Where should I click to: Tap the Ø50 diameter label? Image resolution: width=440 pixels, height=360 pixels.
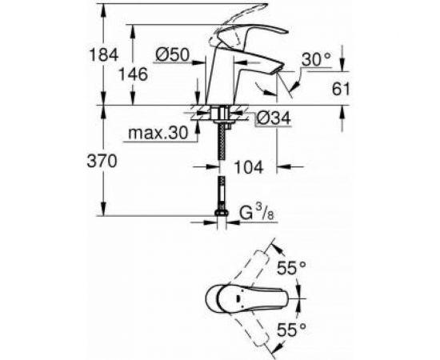170,55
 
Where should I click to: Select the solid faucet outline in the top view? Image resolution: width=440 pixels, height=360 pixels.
240,299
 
